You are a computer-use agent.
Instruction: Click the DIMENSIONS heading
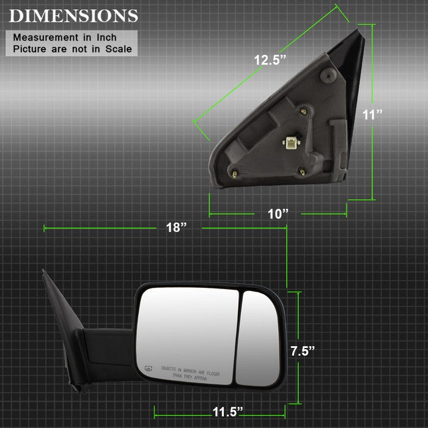pyautogui.click(x=73, y=16)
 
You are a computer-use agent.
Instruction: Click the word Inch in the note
pyautogui.click(x=106, y=37)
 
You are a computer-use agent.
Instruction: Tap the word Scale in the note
pyautogui.click(x=119, y=49)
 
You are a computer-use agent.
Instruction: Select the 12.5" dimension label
pyautogui.click(x=270, y=60)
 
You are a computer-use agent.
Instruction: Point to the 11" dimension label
pyautogui.click(x=372, y=114)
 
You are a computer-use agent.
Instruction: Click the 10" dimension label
pyautogui.click(x=278, y=214)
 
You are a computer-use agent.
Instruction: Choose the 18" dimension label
pyautogui.click(x=176, y=227)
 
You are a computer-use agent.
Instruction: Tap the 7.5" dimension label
pyautogui.click(x=303, y=351)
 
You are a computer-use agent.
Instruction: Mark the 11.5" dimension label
pyautogui.click(x=227, y=412)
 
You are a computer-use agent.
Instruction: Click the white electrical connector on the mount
pyautogui.click(x=290, y=142)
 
